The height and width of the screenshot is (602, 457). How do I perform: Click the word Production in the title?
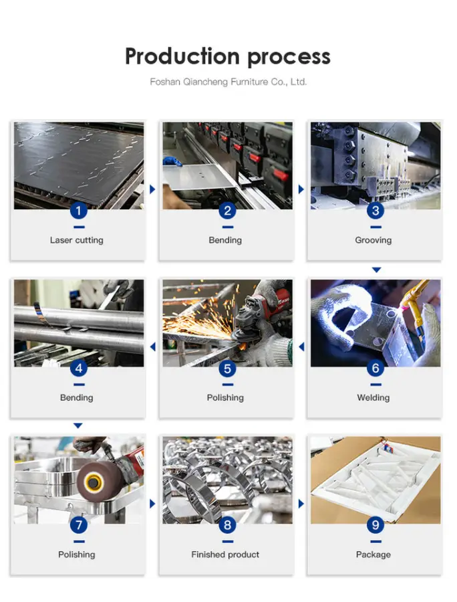[x=182, y=56]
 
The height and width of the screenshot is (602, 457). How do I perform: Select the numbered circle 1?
[x=79, y=211]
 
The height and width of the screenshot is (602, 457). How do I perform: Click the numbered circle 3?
[x=375, y=211]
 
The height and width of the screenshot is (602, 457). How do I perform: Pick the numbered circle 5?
[x=227, y=369]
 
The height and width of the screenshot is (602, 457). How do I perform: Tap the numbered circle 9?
[x=375, y=525]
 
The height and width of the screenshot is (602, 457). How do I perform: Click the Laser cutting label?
[x=77, y=240]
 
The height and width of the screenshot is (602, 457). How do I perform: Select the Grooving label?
[x=373, y=240]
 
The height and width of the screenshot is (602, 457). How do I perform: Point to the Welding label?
[x=373, y=398]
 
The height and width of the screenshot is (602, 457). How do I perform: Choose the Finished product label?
[x=225, y=555]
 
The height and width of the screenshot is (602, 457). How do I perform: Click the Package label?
[x=373, y=555]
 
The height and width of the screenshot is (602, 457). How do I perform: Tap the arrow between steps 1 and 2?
[x=152, y=189]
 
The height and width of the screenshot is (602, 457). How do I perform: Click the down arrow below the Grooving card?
[x=376, y=270]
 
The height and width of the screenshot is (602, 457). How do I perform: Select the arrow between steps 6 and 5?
[x=301, y=346]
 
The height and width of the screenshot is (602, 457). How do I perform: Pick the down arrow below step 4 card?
[x=78, y=425]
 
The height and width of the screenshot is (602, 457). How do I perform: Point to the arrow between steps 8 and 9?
[x=301, y=503]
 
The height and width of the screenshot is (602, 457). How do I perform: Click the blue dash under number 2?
[x=227, y=227]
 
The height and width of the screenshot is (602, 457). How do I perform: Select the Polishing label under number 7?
[x=77, y=555]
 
